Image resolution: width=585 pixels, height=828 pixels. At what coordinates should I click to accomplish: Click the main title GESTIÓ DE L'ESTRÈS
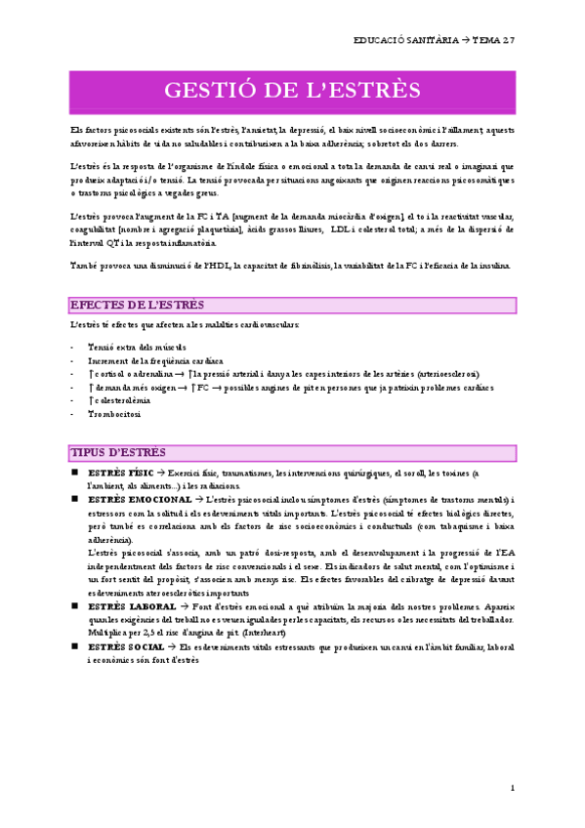(292, 90)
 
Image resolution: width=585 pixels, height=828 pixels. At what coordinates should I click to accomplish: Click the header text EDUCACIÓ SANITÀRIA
(407, 40)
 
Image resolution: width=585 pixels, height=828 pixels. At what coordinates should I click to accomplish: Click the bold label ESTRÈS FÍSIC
(120, 473)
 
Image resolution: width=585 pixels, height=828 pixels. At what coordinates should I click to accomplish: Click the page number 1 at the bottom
(512, 788)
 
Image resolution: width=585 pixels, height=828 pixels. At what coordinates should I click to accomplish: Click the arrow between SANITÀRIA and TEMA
(464, 40)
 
